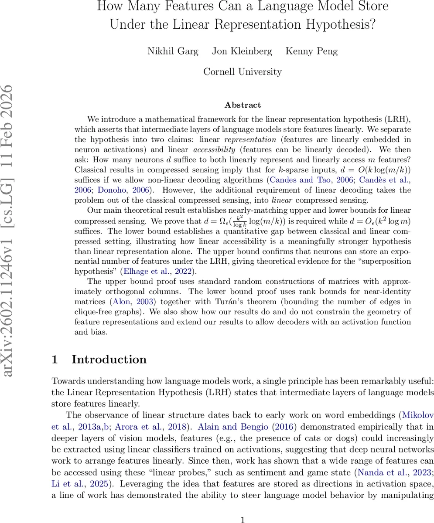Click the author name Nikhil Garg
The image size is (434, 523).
(x=173, y=51)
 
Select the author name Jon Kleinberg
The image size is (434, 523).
(x=242, y=51)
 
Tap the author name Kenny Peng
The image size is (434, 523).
(x=311, y=51)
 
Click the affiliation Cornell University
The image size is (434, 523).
(x=243, y=71)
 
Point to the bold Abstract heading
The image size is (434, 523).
(x=243, y=105)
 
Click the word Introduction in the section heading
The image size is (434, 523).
(x=109, y=360)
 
